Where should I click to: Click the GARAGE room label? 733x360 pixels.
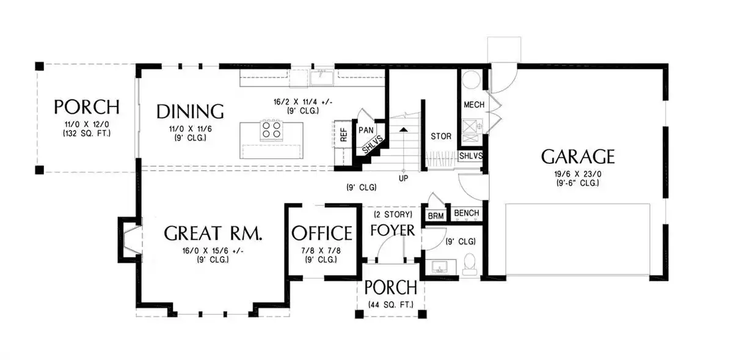[578, 156]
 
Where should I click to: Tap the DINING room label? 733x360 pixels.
[190, 111]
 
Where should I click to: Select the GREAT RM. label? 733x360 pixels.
[213, 233]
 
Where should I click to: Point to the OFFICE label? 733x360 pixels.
[322, 233]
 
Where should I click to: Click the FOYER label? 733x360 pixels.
[392, 230]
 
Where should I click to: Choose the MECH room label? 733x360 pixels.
[474, 105]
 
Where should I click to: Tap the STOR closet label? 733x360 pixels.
[441, 136]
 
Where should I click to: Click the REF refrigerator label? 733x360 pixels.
[343, 134]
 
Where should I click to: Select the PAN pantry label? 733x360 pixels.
[366, 130]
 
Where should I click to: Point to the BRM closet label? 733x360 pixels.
[436, 216]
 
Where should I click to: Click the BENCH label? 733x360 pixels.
[466, 213]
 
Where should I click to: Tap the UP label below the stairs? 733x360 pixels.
[403, 178]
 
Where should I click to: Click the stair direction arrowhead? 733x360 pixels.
[404, 130]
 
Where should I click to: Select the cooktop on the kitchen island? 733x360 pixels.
[272, 130]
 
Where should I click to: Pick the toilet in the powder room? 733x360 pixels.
[470, 263]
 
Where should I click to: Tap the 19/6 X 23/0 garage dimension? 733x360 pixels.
[578, 174]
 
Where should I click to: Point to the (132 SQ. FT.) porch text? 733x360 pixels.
[87, 133]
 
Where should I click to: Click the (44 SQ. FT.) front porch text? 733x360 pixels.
[391, 304]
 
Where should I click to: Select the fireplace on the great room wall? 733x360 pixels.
[130, 240]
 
